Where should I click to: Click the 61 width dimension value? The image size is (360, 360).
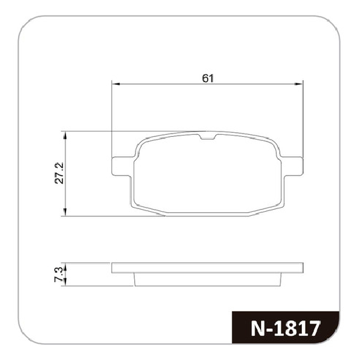click(x=208, y=79)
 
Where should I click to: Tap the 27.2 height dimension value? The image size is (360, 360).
click(x=59, y=173)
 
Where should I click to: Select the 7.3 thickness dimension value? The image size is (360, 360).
click(x=58, y=275)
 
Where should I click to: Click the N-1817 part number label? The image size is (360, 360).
click(x=285, y=329)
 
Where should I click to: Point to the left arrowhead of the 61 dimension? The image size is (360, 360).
click(x=116, y=84)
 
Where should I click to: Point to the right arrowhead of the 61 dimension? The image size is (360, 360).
click(x=299, y=84)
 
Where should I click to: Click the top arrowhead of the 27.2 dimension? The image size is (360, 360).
click(x=65, y=136)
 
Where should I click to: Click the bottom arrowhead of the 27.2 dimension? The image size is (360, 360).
click(x=65, y=212)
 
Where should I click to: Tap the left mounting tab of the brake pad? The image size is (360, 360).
click(x=122, y=166)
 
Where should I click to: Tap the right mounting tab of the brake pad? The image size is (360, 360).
click(x=293, y=166)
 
